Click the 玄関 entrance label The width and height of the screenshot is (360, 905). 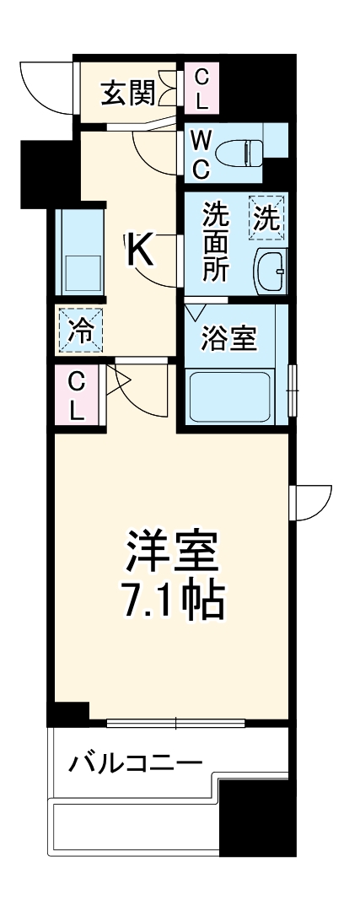tap(127, 94)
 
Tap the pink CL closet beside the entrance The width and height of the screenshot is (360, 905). tap(201, 89)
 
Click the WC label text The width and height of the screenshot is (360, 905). tap(200, 154)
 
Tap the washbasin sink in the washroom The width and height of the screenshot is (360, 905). tap(271, 270)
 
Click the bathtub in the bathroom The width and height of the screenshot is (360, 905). tap(229, 396)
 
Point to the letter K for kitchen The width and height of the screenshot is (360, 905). tap(141, 250)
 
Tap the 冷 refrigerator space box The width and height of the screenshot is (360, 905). tap(80, 329)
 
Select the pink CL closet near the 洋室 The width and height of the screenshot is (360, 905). tap(77, 396)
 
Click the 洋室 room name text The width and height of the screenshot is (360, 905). tap(173, 552)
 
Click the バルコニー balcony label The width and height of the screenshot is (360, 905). tap(135, 764)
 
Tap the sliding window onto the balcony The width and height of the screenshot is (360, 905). tap(175, 723)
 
